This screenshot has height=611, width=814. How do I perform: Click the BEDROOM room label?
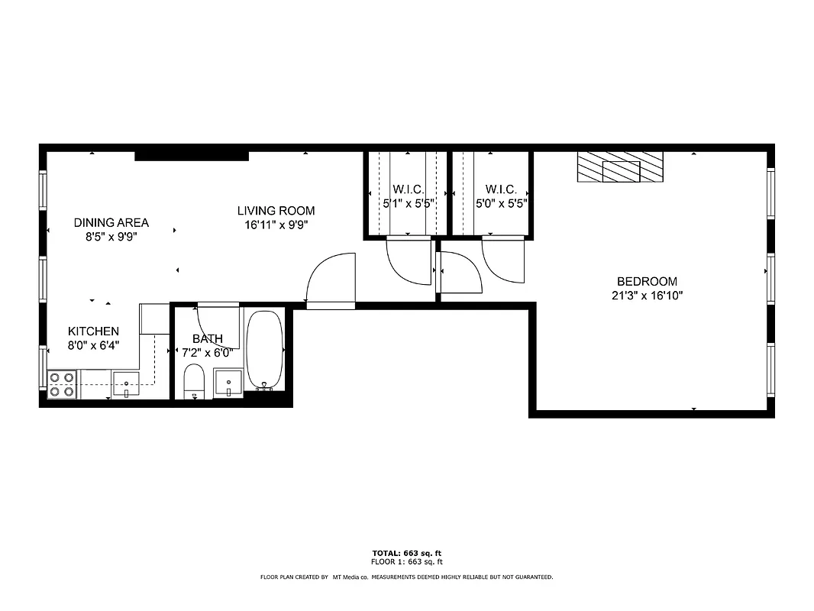(646, 281)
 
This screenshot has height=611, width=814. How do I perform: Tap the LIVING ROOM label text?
(276, 211)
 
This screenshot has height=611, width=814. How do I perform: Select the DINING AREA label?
(111, 223)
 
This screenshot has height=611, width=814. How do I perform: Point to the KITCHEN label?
(93, 331)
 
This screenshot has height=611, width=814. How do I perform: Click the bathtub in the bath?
(265, 350)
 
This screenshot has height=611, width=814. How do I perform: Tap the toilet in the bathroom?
(195, 381)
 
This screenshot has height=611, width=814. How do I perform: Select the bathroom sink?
(228, 382)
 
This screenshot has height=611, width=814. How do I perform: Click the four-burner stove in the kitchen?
(62, 384)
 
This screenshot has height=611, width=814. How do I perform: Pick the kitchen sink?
(126, 383)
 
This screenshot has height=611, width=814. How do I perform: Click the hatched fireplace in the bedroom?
(620, 167)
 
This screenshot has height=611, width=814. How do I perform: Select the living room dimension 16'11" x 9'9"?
(276, 225)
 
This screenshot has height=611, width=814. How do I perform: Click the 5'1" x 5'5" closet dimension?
(409, 204)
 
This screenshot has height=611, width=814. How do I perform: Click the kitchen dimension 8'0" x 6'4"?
(93, 345)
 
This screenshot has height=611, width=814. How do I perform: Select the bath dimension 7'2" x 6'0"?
(207, 353)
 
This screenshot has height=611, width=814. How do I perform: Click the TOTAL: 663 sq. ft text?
(406, 553)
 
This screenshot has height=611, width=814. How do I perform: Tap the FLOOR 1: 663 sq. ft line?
(406, 561)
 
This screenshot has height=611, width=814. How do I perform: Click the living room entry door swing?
(332, 279)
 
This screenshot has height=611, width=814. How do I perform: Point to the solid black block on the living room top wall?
(192, 156)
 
